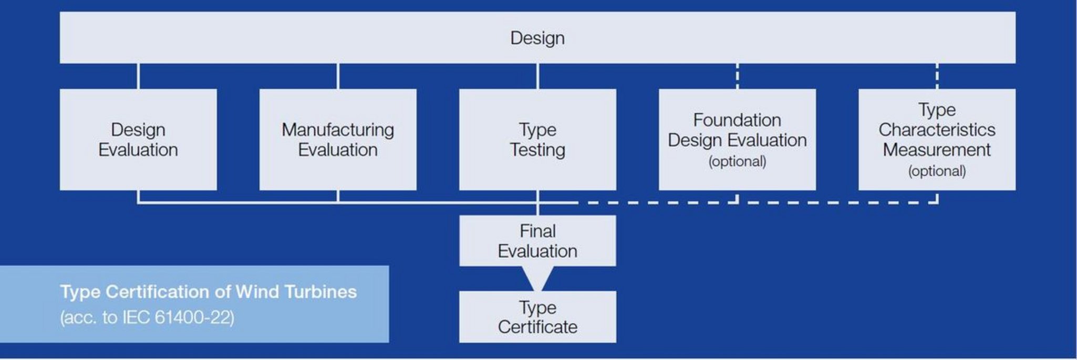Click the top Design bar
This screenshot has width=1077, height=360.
[537, 38]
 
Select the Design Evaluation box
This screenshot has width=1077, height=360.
[138, 139]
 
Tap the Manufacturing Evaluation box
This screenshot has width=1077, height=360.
[338, 139]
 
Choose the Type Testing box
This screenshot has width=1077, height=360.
[537, 139]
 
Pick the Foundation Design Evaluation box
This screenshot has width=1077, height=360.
[737, 139]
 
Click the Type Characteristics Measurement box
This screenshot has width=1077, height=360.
[937, 139]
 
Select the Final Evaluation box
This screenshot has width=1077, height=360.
[537, 241]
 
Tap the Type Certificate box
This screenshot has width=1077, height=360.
[537, 317]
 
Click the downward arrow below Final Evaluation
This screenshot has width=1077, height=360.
[537, 277]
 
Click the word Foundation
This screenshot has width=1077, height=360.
[737, 120]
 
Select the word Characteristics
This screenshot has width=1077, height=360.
[937, 130]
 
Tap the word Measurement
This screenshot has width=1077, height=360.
[937, 150]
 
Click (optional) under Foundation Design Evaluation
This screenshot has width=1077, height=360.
[737, 161]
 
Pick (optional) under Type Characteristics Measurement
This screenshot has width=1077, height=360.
[937, 171]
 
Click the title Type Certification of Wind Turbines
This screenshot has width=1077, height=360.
[209, 292]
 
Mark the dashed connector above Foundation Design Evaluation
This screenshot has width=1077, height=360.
[737, 76]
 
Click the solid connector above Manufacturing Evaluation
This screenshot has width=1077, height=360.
[338, 76]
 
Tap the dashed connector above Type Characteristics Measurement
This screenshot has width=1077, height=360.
[937, 76]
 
